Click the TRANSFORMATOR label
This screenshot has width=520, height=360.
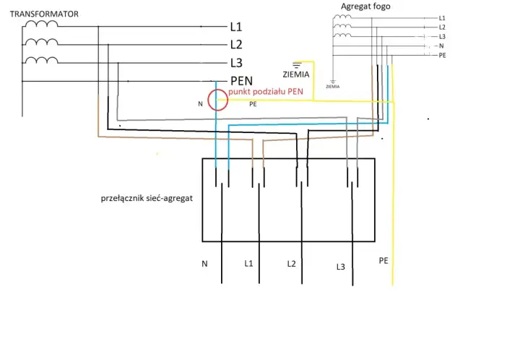[x=44, y=14]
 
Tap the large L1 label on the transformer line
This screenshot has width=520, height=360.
[x=236, y=27]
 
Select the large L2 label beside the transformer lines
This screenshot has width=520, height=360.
[x=236, y=45]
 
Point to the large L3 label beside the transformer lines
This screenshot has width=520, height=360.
[x=236, y=62]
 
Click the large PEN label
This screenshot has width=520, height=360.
[x=241, y=81]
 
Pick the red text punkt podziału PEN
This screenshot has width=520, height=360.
[x=266, y=92]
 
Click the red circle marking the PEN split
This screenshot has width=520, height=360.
[x=208, y=100]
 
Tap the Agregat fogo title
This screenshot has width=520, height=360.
[x=365, y=7]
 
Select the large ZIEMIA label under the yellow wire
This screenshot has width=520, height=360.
[x=296, y=74]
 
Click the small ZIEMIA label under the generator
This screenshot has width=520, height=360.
[x=333, y=87]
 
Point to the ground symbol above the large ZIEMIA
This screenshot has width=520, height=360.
[x=297, y=65]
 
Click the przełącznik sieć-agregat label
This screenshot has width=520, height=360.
[x=147, y=198]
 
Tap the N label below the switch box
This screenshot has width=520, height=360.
[x=204, y=264]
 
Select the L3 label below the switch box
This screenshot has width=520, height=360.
[x=341, y=267]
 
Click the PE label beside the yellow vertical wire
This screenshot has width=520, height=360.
[x=383, y=261]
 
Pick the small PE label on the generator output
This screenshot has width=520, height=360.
[x=443, y=55]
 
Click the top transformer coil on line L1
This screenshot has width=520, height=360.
[x=42, y=24]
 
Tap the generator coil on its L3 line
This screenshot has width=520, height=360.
[x=342, y=35]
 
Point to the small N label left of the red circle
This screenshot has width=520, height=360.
[x=200, y=104]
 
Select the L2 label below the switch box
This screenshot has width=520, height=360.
[x=291, y=264]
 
